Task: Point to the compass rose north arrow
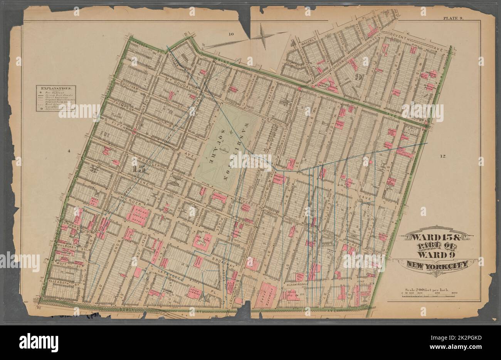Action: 263,37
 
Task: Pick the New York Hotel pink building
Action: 203,241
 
